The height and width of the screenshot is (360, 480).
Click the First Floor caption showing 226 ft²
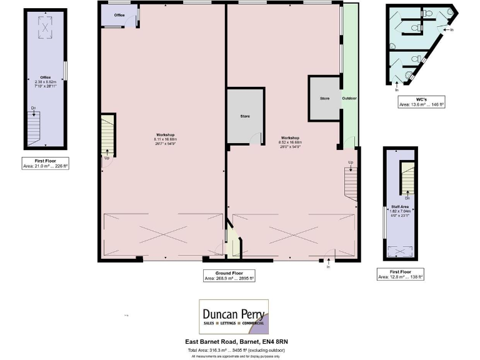point(45,164)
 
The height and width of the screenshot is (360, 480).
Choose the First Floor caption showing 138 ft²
point(400,274)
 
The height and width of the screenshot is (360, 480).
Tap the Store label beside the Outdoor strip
point(324,99)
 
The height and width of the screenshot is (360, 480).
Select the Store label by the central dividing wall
point(245,117)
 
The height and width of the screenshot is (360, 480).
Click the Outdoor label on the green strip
point(349,99)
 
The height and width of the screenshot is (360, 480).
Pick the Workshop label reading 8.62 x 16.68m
point(290,140)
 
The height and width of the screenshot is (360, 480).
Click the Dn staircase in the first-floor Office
point(33,127)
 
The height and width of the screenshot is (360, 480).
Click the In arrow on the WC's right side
point(449,29)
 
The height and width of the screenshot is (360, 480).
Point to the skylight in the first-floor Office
point(46,25)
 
